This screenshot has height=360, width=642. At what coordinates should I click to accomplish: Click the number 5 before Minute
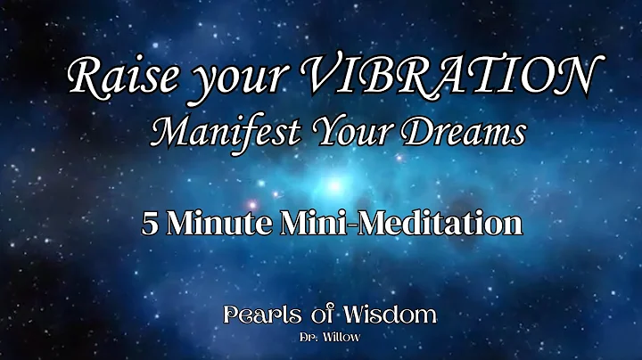click(x=149, y=222)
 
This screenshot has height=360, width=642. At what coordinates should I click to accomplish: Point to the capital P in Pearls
click(x=231, y=315)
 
